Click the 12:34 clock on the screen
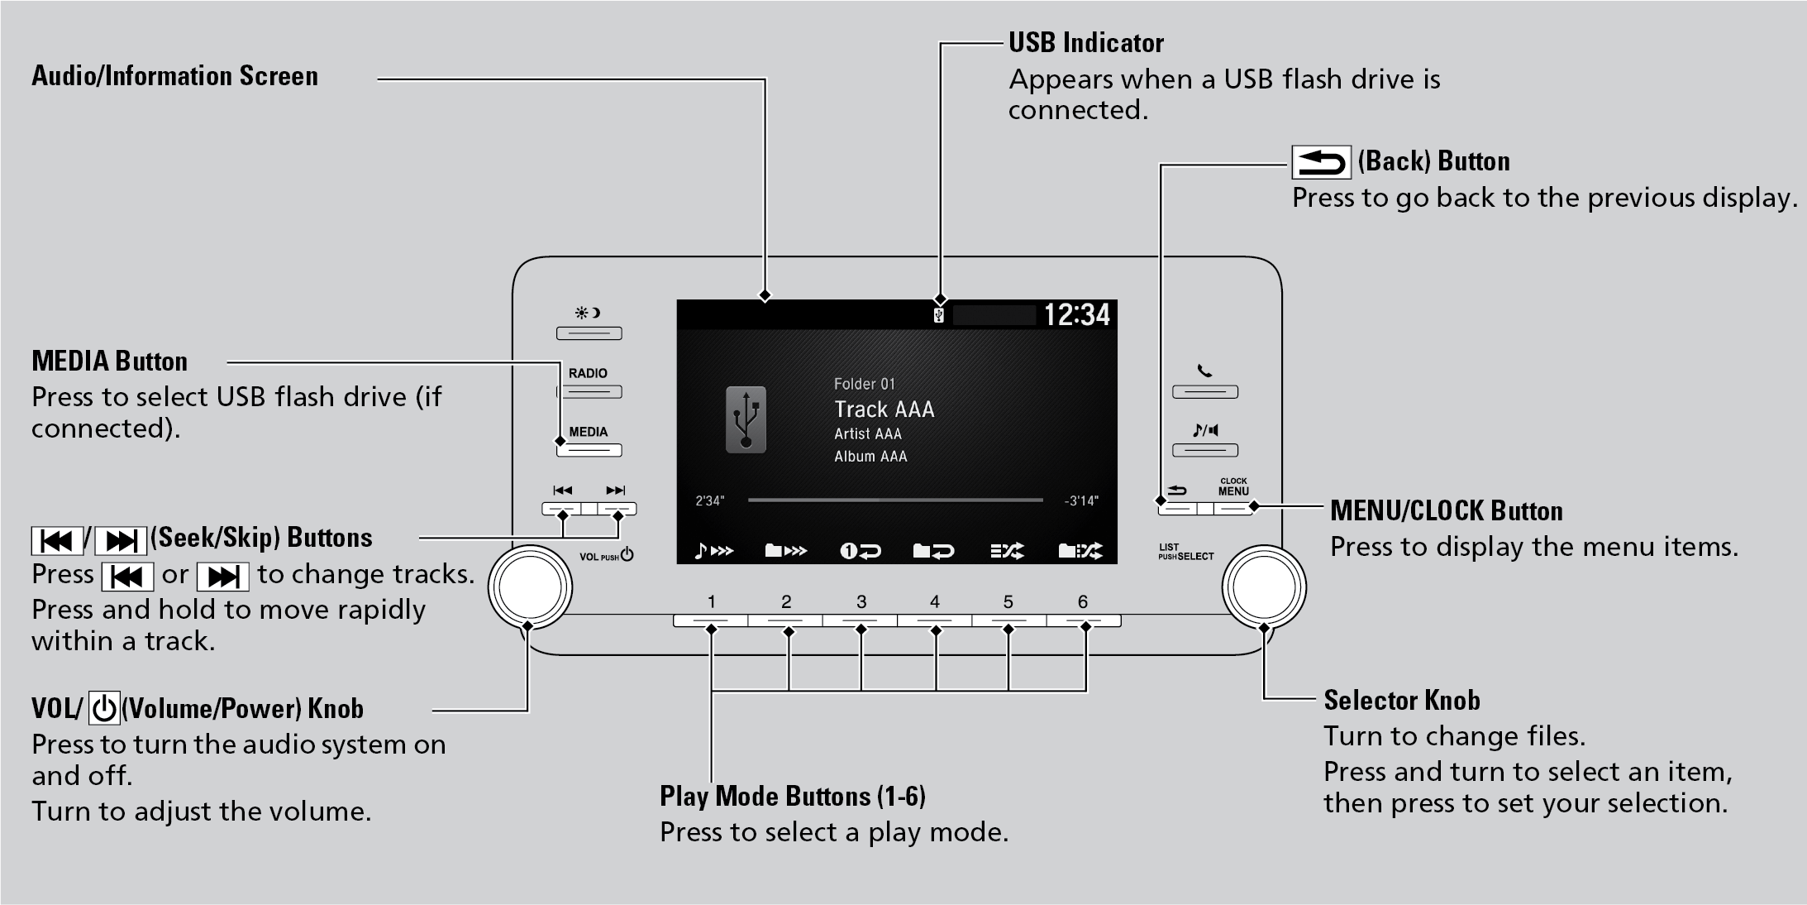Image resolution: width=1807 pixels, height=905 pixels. [x=1076, y=315]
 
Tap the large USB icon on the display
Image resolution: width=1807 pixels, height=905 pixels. [x=746, y=419]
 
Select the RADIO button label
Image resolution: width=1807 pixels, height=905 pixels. [x=588, y=373]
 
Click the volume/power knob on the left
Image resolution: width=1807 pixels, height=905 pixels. [x=530, y=587]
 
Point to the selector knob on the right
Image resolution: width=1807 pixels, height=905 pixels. [x=1264, y=587]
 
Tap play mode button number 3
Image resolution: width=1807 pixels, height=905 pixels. [x=861, y=620]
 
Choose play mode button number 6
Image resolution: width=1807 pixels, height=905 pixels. [x=1083, y=620]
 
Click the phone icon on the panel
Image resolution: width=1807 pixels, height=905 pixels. [x=1204, y=371]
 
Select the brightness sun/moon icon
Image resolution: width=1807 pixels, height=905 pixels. [x=588, y=314]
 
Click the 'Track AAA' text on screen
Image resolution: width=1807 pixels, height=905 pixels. [x=884, y=409]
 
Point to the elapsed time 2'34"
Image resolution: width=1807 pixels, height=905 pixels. [x=709, y=501]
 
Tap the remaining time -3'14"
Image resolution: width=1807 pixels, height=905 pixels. [x=1081, y=501]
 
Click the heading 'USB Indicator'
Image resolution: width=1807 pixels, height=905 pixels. [x=1085, y=43]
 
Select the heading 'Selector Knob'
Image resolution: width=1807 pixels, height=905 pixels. [x=1401, y=701]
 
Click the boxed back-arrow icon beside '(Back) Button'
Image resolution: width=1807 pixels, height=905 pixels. [x=1321, y=162]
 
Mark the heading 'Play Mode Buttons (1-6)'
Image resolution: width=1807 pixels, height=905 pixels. [x=792, y=797]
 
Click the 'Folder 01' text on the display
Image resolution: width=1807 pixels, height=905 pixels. [x=864, y=384]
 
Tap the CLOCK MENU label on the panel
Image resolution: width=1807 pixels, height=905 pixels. [x=1233, y=487]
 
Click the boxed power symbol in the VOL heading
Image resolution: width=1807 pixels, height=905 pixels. [x=104, y=709]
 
